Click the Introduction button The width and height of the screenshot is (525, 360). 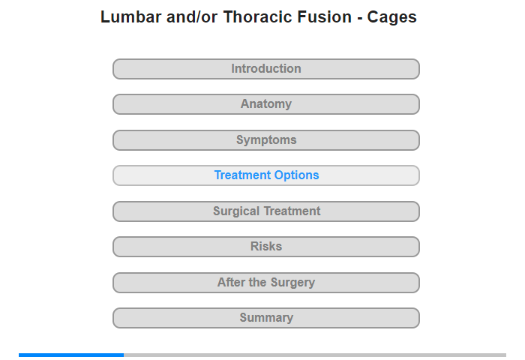tap(266, 69)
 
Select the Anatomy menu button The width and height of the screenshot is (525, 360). tap(266, 104)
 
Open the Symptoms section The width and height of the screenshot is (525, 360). tap(266, 140)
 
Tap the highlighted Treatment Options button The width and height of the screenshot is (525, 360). tap(266, 175)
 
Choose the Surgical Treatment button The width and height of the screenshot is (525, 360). tap(266, 211)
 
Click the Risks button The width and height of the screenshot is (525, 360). tap(266, 247)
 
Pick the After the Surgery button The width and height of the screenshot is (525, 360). tap(266, 283)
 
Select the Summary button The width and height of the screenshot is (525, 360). tap(266, 318)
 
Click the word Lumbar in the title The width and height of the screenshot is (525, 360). tap(131, 17)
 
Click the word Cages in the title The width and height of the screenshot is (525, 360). tap(391, 18)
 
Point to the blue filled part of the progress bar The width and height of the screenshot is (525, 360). tap(71, 355)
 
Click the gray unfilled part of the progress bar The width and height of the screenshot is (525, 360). tap(315, 355)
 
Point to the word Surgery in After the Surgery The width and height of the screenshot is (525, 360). tap(292, 283)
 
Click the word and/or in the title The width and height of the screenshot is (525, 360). tap(192, 17)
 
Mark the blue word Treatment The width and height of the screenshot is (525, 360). tap(242, 175)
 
